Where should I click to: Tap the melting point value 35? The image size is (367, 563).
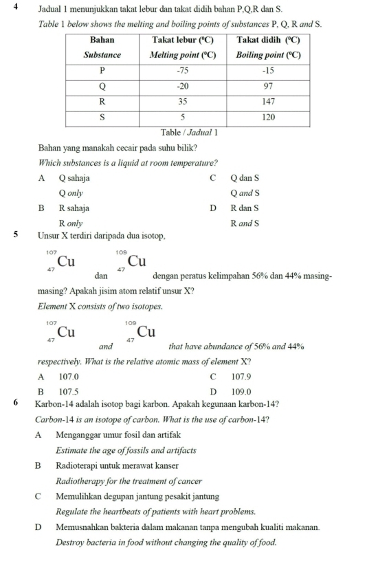[183, 100]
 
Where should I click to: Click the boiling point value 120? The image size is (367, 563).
[269, 117]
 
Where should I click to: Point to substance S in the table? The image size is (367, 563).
[102, 117]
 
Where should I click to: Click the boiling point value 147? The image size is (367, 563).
[269, 100]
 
